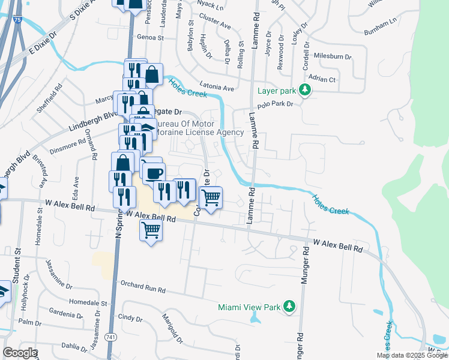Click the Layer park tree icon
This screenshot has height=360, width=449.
[306, 91]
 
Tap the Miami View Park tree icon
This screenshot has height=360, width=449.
[289, 307]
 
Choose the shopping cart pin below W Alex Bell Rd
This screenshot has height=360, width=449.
[151, 230]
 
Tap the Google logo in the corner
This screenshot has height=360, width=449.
[20, 353]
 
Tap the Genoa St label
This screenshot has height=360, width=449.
[150, 37]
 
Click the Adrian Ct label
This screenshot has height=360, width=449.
[321, 79]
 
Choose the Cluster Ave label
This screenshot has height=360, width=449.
[215, 26]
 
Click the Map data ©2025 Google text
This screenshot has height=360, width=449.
[412, 355]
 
